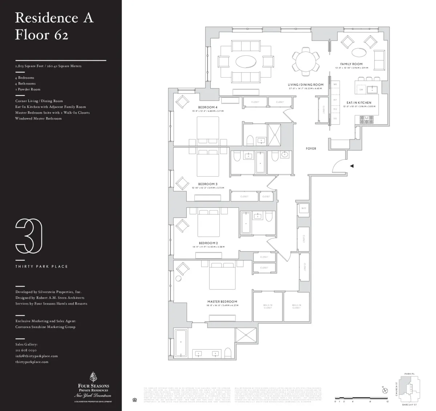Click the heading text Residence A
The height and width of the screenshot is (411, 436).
54,18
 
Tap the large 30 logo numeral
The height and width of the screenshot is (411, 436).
29,236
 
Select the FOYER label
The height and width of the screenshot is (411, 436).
311,149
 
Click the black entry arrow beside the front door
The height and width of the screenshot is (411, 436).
351,166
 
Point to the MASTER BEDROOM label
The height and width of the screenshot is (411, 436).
222,301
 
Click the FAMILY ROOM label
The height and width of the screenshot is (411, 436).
351,64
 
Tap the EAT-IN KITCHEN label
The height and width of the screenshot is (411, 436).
359,103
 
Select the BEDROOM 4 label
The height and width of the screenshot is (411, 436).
208,107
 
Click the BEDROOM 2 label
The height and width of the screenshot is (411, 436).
208,243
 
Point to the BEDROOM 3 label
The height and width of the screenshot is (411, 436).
208,184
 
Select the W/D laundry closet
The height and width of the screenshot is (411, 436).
303,209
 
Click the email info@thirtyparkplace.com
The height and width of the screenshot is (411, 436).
36,356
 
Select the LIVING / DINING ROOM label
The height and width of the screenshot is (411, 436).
305,85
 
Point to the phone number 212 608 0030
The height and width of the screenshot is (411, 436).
26,350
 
